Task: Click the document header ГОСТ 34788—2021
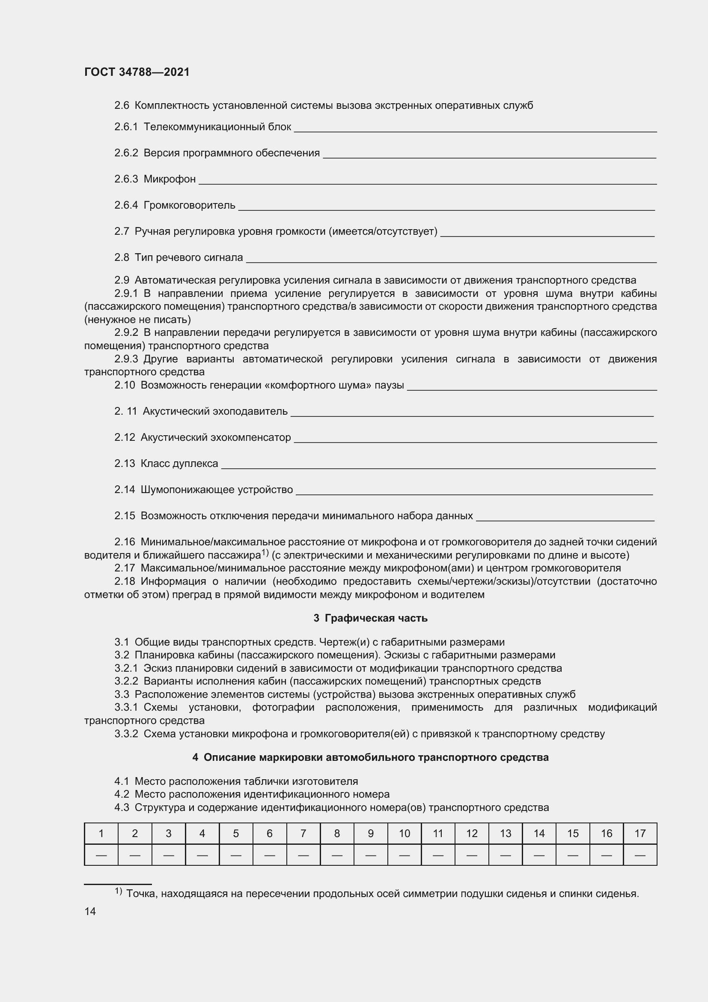click(137, 72)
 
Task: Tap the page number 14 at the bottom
click(90, 911)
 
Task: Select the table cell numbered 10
click(404, 834)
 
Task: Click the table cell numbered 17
click(640, 834)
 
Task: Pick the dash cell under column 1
click(101, 855)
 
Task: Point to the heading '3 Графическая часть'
click(370, 618)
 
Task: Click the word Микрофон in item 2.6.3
click(170, 179)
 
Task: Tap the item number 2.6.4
click(126, 205)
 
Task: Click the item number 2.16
click(125, 542)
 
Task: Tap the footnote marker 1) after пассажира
click(265, 553)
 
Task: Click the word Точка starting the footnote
click(141, 894)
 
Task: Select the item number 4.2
click(122, 794)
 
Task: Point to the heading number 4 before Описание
click(195, 757)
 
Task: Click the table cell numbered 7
click(303, 834)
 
